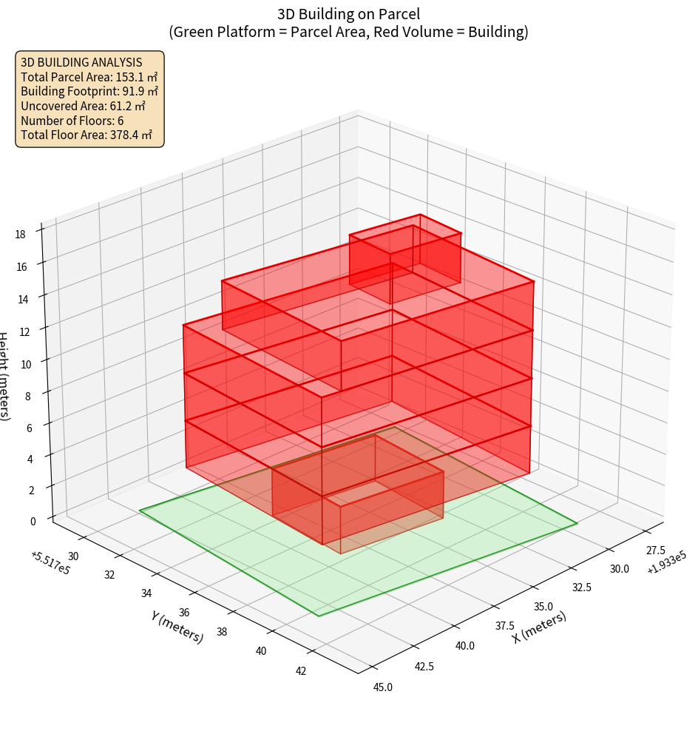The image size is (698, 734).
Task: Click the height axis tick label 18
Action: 20,234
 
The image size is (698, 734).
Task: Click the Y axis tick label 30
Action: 73,556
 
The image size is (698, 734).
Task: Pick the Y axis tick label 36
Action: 185,613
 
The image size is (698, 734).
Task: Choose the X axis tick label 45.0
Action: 383,687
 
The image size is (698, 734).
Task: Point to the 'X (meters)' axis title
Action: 540,627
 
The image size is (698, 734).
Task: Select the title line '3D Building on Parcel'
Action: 349,13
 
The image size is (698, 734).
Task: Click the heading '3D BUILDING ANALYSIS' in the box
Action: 81,62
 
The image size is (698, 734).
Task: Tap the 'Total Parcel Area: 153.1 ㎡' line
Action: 89,77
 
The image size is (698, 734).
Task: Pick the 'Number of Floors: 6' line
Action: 72,121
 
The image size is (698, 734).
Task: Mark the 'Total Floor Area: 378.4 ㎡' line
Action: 87,135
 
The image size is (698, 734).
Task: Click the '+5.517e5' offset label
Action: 50,562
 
